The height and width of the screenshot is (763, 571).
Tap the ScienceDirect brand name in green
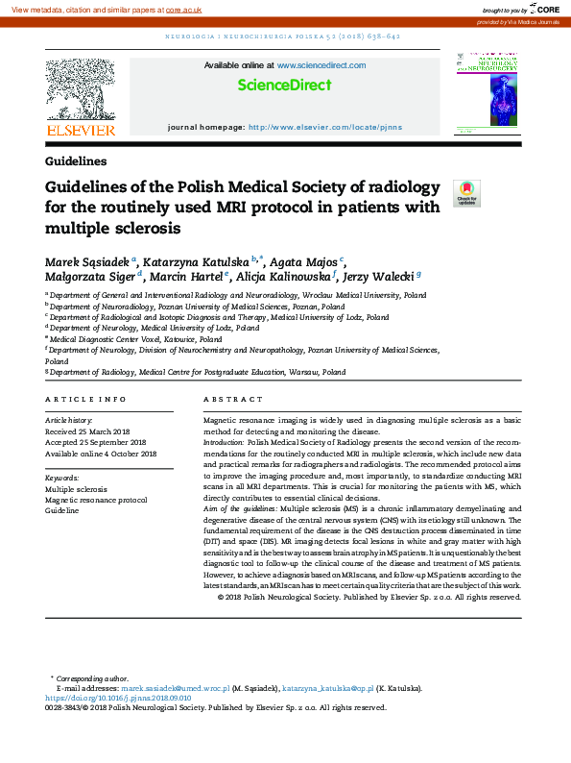(284, 85)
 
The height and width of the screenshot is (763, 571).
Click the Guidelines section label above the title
(76, 161)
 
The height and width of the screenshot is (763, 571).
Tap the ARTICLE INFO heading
(85, 398)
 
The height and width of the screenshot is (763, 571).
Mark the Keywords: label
(62, 478)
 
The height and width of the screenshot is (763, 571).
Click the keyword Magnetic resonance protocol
(96, 500)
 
